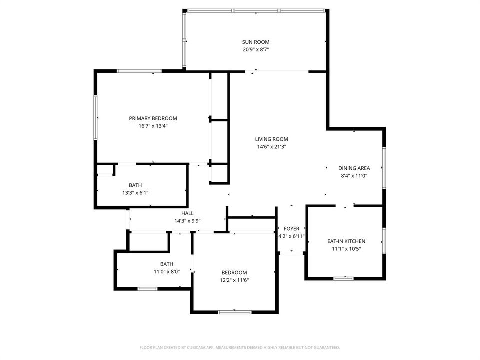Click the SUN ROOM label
(256, 42)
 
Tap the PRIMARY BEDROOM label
(153, 118)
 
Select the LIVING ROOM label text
(271, 139)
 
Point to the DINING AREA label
(354, 168)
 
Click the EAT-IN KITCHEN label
(346, 241)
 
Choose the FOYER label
(291, 229)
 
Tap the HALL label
(187, 213)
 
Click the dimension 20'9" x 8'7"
(256, 50)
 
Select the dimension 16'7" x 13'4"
(153, 126)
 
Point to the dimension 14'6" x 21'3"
(271, 147)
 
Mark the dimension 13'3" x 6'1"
(135, 193)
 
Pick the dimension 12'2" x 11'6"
(234, 280)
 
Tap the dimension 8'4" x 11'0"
(354, 176)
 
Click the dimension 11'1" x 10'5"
(346, 249)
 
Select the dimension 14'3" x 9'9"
(187, 221)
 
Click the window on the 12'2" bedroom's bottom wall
(235, 312)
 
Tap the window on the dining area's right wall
(384, 168)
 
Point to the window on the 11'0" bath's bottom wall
(147, 289)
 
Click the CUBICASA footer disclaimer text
(239, 348)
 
